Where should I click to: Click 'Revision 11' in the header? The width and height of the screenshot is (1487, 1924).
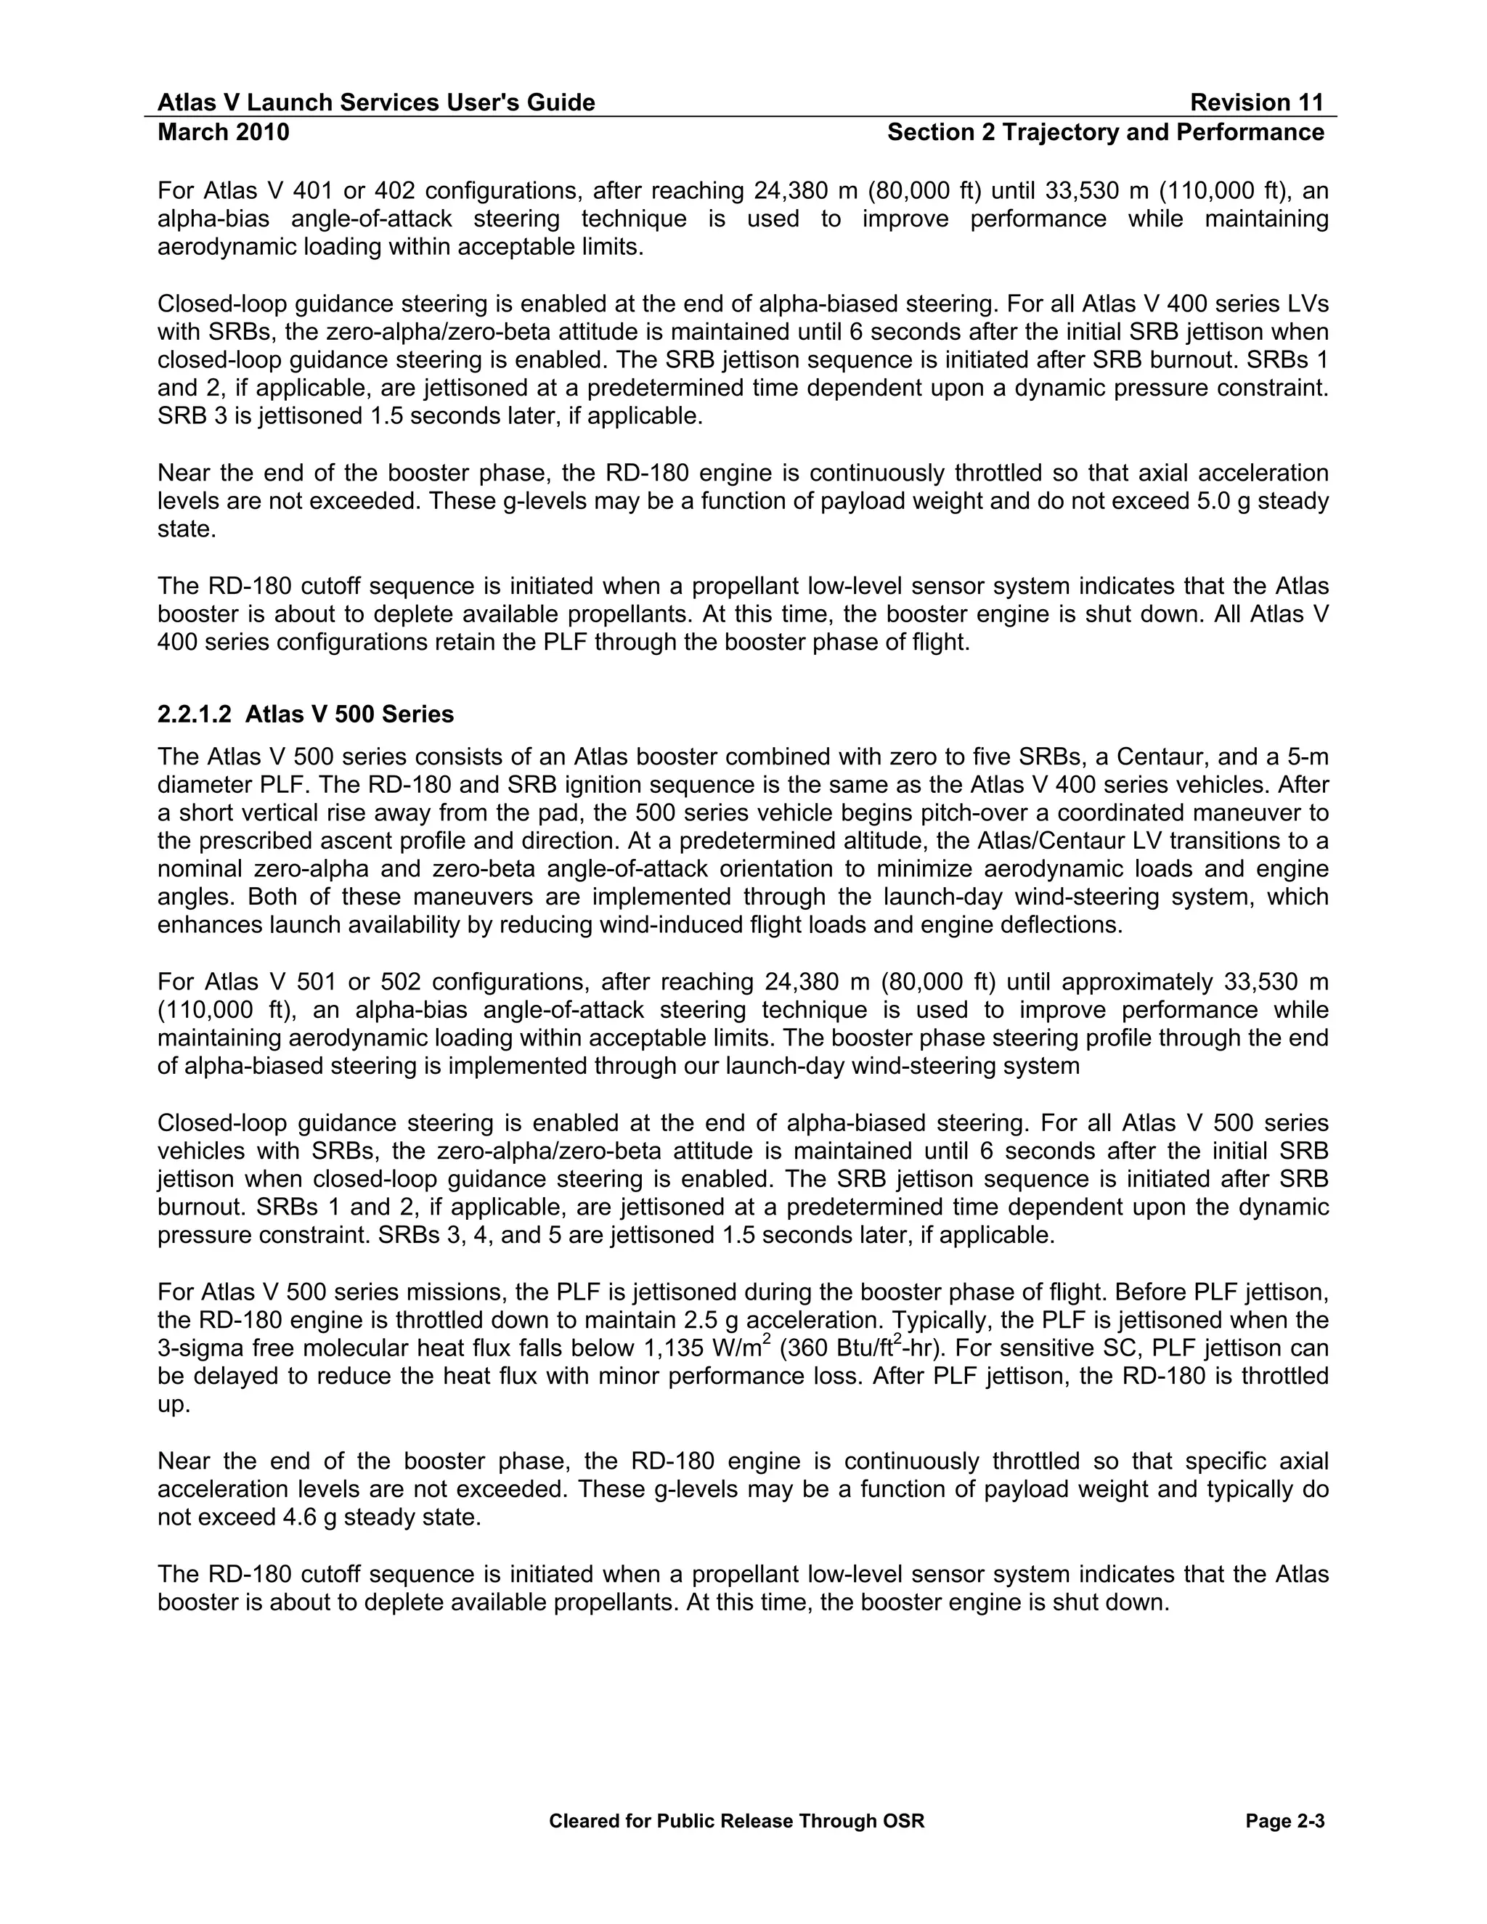pyautogui.click(x=1256, y=103)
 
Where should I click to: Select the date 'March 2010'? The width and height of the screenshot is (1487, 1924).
pyautogui.click(x=223, y=132)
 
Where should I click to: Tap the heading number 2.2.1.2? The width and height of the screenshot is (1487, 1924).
pyautogui.click(x=194, y=714)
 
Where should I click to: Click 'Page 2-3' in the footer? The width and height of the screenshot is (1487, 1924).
pyautogui.click(x=1285, y=1821)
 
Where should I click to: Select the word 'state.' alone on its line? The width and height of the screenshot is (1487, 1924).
pyautogui.click(x=187, y=529)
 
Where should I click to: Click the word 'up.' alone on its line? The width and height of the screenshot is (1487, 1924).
pyautogui.click(x=174, y=1405)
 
